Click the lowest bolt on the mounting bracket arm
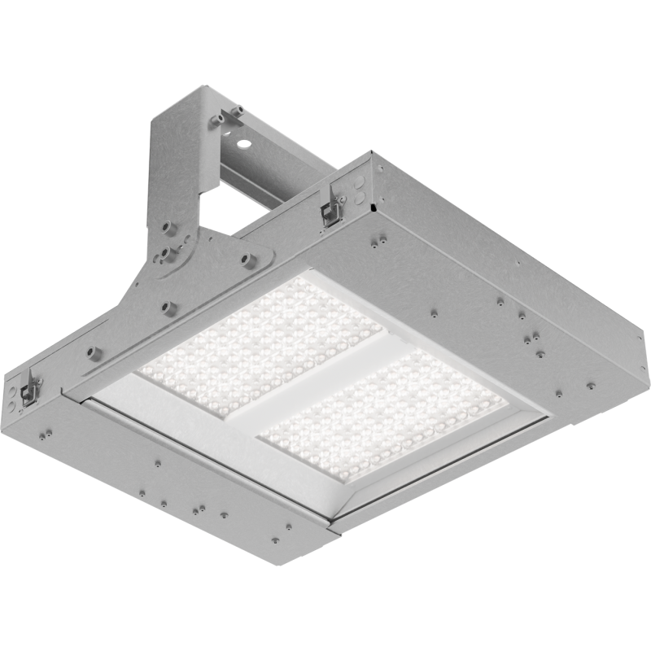(169, 307)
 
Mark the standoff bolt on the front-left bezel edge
(90, 352)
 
